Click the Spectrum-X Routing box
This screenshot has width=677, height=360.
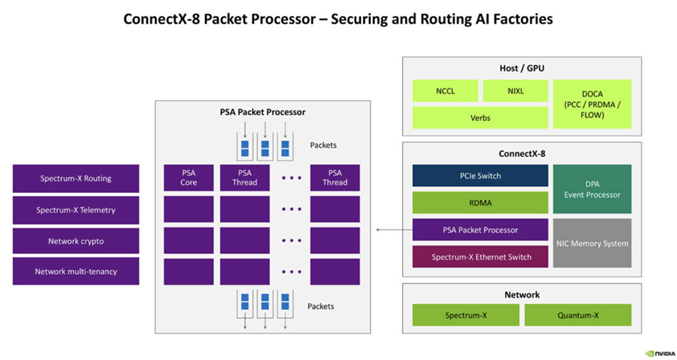pos(76,179)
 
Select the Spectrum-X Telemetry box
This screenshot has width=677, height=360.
pos(76,210)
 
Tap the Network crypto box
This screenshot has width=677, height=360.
pos(76,241)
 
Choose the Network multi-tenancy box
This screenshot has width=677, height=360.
pos(76,271)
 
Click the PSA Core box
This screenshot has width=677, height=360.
pos(188,178)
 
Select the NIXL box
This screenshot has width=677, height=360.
pos(515,90)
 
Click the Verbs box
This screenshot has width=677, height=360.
pos(480,118)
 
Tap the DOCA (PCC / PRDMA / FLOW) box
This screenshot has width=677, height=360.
pos(592,104)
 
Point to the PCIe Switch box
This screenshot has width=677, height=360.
pos(480,176)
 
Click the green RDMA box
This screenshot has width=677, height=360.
pos(480,202)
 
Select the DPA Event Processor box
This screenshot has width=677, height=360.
pos(592,189)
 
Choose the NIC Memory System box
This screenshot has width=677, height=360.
pos(592,243)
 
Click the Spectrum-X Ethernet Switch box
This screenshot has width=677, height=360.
pos(480,256)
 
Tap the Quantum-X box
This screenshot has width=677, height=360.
pos(577,315)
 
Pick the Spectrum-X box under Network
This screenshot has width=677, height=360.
pos(466,315)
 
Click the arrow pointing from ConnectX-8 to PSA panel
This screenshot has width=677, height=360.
pos(393,230)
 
